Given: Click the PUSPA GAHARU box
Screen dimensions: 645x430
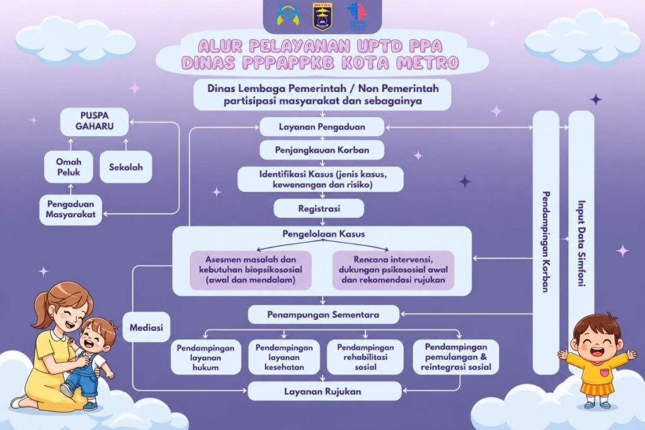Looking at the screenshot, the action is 94,122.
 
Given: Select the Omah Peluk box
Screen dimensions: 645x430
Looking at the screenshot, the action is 69,167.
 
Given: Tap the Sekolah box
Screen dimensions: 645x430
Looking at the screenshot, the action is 126,167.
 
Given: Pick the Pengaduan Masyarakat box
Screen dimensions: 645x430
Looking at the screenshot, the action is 71,209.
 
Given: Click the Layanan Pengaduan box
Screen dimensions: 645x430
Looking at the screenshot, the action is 322,127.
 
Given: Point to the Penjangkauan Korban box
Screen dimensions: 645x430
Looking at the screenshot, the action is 322,150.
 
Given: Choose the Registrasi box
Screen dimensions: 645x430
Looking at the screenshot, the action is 319,208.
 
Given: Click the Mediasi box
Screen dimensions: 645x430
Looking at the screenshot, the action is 146,327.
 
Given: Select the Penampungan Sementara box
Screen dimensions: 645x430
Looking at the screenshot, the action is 323,315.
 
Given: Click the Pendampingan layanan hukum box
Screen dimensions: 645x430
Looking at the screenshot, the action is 206,357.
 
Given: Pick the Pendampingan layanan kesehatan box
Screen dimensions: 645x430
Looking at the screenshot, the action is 284,357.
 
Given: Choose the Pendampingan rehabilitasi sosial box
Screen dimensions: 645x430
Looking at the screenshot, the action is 365,357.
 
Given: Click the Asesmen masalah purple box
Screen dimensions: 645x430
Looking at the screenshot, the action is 251,270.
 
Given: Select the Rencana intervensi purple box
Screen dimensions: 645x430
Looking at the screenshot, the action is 393,270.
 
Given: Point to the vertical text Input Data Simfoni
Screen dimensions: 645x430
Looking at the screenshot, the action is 581,244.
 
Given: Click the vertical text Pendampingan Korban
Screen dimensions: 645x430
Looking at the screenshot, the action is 546,242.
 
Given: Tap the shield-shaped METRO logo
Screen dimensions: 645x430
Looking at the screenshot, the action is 322,16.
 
